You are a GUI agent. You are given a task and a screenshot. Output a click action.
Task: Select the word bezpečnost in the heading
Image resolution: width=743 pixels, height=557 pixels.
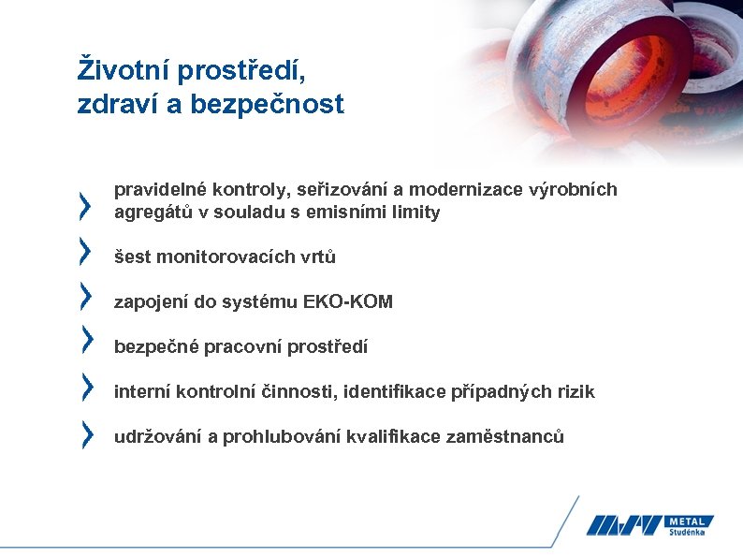point(268,105)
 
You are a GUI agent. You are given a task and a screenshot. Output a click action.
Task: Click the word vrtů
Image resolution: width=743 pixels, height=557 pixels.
point(319,257)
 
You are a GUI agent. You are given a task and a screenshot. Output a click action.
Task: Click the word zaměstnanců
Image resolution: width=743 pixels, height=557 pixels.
point(504,437)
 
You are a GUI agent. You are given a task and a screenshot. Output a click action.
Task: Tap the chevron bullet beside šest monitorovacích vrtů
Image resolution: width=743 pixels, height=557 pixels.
point(86,250)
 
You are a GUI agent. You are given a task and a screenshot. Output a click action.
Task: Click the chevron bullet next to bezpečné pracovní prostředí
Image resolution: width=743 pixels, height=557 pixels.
point(86,340)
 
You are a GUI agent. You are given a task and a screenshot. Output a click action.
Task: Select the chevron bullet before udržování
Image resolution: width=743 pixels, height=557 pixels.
point(86,432)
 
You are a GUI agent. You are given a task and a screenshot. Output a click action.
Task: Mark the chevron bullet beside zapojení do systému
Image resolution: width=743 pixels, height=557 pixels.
point(86,295)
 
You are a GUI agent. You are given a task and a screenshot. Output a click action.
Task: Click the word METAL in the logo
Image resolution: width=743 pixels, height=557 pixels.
point(690,521)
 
